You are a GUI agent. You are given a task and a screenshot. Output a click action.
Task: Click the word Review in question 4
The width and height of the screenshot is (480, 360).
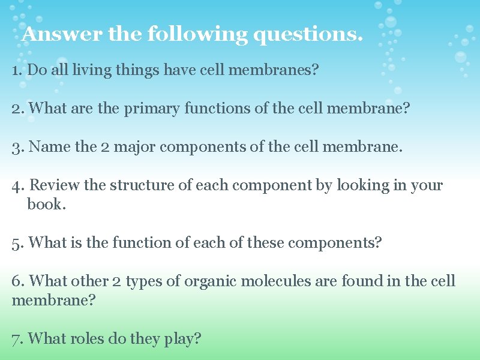click(55, 185)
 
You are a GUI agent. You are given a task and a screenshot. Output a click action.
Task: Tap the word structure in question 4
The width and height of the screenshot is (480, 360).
click(137, 185)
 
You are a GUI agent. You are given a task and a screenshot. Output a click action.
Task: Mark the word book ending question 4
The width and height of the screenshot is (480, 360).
click(44, 204)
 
